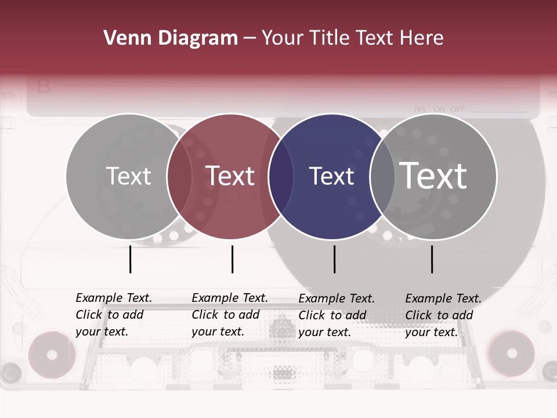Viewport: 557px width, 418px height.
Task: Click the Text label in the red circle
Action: click(230, 176)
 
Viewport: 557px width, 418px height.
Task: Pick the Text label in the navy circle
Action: click(331, 176)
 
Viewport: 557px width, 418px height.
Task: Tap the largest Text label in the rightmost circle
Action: click(433, 176)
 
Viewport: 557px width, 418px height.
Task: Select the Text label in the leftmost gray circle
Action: click(128, 176)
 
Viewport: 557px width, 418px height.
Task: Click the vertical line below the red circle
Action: click(232, 259)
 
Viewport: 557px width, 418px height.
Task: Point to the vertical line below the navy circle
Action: click(334, 259)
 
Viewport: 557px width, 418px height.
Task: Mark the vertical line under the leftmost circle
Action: click(130, 259)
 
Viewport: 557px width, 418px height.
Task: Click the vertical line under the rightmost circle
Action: click(432, 259)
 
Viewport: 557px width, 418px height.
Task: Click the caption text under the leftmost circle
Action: click(114, 315)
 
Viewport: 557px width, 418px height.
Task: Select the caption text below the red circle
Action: click(230, 315)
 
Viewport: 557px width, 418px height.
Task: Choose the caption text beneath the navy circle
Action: click(337, 315)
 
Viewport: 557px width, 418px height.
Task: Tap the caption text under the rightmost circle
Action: click(443, 315)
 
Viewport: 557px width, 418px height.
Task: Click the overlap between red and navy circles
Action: click(281, 176)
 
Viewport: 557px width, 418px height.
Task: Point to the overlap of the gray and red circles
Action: click(179, 176)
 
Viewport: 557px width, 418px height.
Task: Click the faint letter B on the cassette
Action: click(44, 87)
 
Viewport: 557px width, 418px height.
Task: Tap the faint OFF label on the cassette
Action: click(458, 109)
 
